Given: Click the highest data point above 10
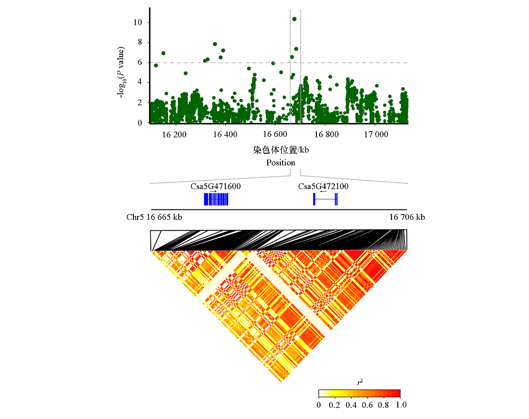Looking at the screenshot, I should [x=294, y=19].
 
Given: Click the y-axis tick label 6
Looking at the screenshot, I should [x=140, y=62].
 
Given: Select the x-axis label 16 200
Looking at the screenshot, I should [x=175, y=135].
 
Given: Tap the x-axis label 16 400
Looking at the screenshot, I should [x=225, y=135].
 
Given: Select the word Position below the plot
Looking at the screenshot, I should [x=280, y=162].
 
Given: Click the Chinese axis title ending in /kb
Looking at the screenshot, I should [x=280, y=150].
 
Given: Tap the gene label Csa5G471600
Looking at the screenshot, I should [x=216, y=186].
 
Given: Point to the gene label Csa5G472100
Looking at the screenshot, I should [x=323, y=186].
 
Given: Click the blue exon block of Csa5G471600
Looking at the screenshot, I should [x=216, y=199].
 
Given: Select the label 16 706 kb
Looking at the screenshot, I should [x=407, y=217].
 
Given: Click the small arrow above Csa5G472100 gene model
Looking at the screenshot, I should [x=324, y=192].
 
